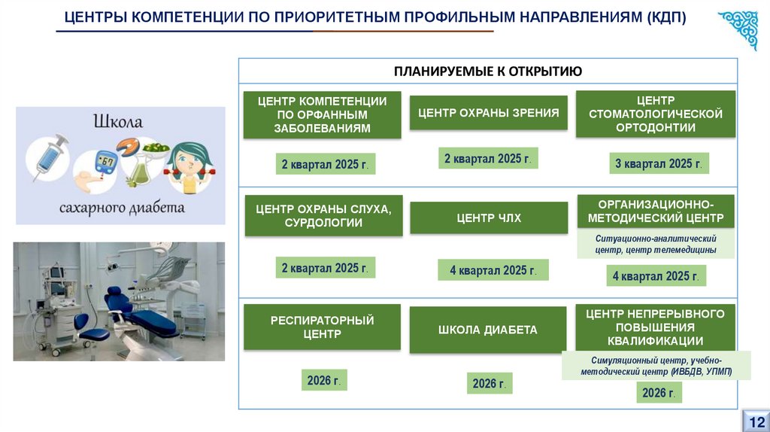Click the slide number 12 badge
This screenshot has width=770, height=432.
pos(756,421)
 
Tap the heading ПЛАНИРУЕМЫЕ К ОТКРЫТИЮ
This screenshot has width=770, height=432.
pos(488,71)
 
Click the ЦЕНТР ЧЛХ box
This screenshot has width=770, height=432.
pos(488,218)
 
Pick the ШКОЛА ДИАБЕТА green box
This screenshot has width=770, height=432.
pos(488,330)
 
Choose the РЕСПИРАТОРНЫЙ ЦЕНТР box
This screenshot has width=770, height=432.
pos(322,327)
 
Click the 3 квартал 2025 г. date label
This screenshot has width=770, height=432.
pos(659,163)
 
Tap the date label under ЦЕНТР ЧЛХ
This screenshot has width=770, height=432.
pos(493,270)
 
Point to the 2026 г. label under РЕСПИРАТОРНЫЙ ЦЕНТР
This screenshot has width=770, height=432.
pos(324,380)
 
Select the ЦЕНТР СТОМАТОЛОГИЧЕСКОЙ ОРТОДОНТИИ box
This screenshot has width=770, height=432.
pos(655,114)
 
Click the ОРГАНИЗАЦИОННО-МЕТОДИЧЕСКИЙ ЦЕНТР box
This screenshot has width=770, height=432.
pos(655,211)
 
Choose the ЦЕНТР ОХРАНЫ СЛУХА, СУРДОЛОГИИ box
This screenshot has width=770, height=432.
pos(323,216)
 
